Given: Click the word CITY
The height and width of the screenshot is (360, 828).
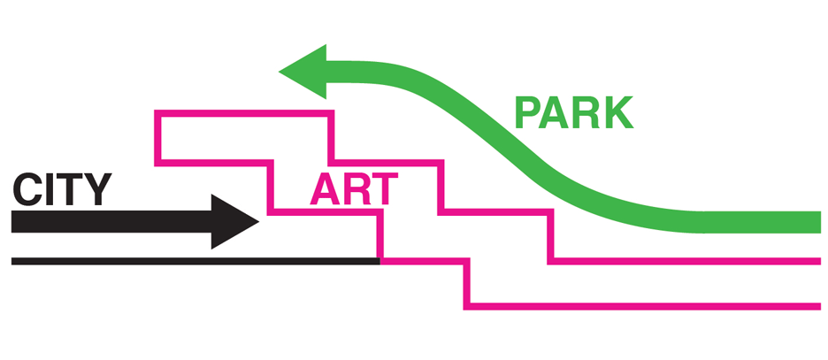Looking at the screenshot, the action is tap(62, 189).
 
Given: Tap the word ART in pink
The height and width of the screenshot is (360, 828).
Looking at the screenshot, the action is tap(353, 189).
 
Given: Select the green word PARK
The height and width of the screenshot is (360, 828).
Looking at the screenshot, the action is tap(574, 112).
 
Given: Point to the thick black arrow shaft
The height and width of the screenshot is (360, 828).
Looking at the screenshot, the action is tap(111, 222).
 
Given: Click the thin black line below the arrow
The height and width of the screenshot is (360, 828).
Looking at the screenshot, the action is tap(195, 261).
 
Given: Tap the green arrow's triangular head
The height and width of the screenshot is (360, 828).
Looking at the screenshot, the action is tap(303, 72).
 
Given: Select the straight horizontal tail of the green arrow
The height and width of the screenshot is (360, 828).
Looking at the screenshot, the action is tap(762, 222).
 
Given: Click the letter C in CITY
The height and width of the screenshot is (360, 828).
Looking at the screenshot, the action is tap(27, 189).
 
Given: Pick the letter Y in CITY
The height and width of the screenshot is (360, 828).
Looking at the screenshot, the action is tap(96, 189).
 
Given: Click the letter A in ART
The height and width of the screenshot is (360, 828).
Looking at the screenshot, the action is tap(324, 189).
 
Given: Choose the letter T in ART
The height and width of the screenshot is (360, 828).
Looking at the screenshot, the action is tap(384, 189).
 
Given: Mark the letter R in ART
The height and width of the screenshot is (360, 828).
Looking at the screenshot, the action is tap(355, 189).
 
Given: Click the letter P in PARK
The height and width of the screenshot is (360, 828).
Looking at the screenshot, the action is tap(527, 113).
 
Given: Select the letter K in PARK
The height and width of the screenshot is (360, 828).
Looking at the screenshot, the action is tap(619, 113).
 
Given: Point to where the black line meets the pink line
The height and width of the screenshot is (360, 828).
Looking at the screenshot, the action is tap(380, 261).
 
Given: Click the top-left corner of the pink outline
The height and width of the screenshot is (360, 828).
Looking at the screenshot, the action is tap(157, 113).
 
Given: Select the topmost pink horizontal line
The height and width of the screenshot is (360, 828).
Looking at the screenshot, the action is tap(244, 113).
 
